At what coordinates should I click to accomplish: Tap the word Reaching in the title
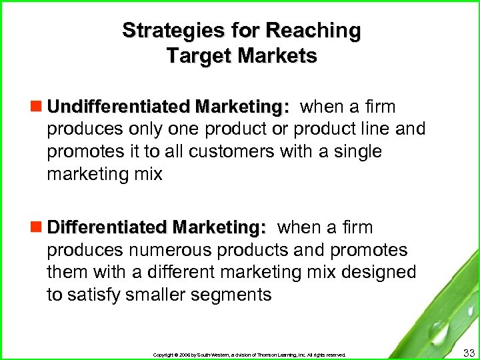[313, 31]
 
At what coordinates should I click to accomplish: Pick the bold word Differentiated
[109, 227]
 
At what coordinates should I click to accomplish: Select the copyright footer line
[249, 355]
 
